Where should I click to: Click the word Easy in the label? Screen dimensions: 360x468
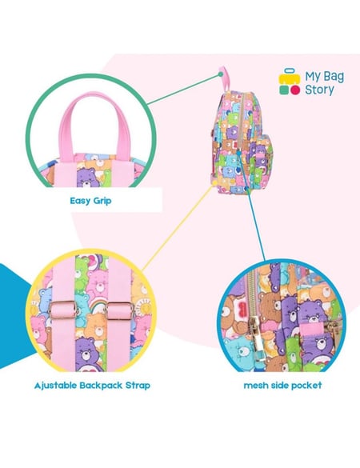pyautogui.click(x=80, y=201)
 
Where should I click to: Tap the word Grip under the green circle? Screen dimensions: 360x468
pyautogui.click(x=102, y=201)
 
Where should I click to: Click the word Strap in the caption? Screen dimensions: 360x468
pyautogui.click(x=138, y=386)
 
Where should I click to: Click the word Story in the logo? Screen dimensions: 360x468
pyautogui.click(x=319, y=90)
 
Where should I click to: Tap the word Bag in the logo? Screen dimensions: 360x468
pyautogui.click(x=333, y=77)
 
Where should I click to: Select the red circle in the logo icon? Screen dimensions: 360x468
pyautogui.click(x=295, y=90)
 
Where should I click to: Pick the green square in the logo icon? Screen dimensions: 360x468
pyautogui.click(x=284, y=90)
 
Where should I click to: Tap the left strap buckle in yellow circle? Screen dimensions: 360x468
pyautogui.click(x=63, y=310)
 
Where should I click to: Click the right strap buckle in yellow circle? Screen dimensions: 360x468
pyautogui.click(x=119, y=310)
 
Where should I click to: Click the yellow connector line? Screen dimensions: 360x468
pyautogui.click(x=178, y=228)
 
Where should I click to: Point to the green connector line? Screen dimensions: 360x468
pyautogui.click(x=183, y=89)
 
